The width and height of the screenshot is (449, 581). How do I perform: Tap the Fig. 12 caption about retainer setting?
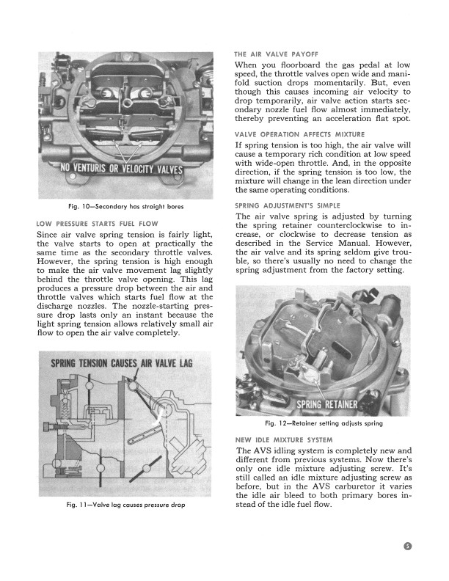pos(322,424)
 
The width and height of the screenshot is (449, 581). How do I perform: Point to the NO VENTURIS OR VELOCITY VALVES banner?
pos(123,171)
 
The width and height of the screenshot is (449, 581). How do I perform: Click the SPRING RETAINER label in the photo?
pos(327,404)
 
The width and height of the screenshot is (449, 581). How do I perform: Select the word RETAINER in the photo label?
pos(339,404)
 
